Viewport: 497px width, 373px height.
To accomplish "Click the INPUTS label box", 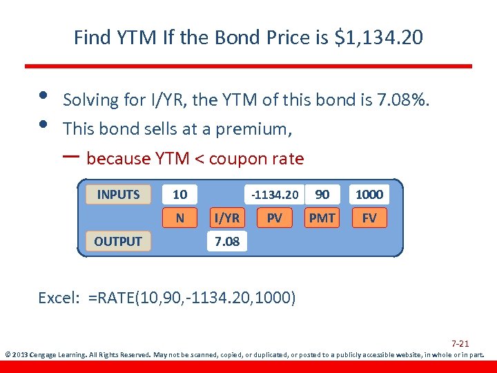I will (118, 195).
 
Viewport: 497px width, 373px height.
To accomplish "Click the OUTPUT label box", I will (118, 241).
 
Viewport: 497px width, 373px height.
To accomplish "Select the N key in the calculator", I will (179, 218).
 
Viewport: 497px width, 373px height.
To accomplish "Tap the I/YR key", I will (227, 218).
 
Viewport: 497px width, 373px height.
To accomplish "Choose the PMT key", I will (322, 218).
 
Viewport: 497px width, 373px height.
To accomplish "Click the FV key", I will (369, 218).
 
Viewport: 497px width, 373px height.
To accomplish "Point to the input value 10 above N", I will (179, 195).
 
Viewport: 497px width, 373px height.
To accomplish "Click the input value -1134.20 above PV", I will (275, 195).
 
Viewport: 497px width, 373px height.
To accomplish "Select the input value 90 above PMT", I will (322, 195).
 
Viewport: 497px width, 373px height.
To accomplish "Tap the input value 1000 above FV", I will (369, 195).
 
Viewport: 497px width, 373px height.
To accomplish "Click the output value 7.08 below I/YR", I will (227, 242).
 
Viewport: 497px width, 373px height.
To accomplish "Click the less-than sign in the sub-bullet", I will (199, 159).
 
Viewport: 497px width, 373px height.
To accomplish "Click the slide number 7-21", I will (460, 343).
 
